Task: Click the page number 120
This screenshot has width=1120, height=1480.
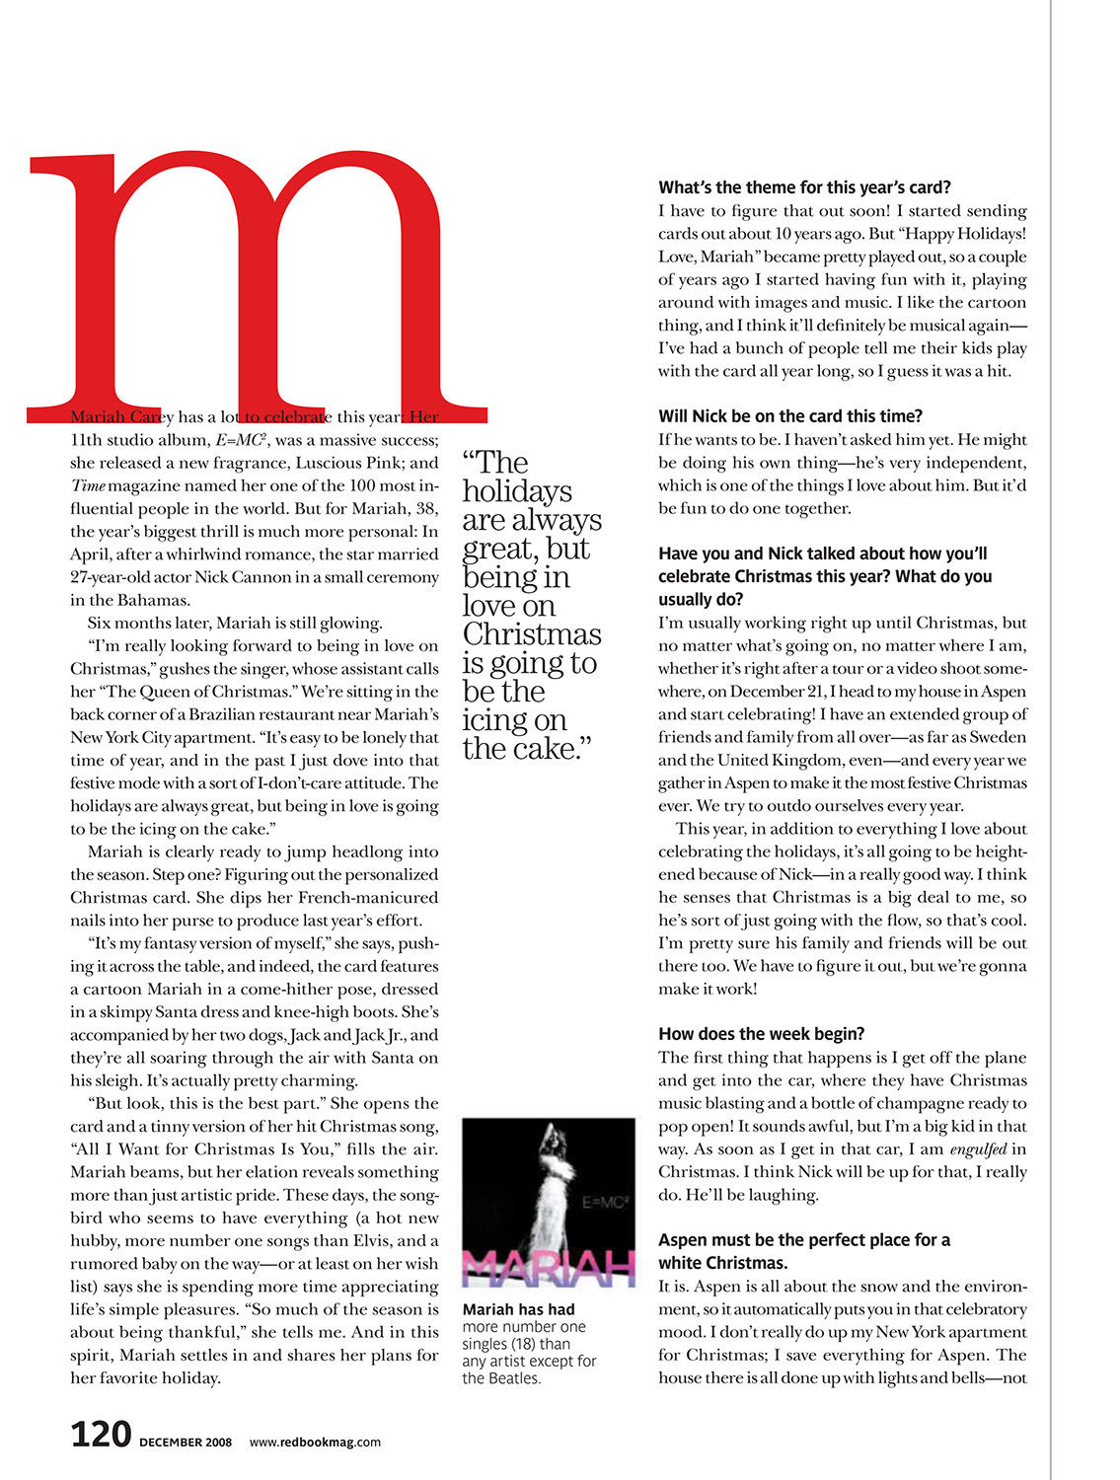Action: [x=101, y=1434]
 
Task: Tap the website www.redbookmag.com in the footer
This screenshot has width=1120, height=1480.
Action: [x=315, y=1442]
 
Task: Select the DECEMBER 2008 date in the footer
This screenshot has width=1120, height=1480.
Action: [x=186, y=1443]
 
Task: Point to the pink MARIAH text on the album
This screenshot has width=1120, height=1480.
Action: [x=548, y=1268]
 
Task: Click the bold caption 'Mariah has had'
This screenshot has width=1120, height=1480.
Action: [x=518, y=1309]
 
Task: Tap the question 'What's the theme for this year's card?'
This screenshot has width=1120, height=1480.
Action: [x=804, y=187]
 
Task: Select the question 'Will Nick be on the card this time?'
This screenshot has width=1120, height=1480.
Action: [x=790, y=416]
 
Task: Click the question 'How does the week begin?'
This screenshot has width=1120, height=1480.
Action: [x=761, y=1034]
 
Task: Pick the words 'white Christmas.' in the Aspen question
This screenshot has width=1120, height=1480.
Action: [x=722, y=1263]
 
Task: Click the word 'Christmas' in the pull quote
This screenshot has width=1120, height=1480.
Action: [x=531, y=634]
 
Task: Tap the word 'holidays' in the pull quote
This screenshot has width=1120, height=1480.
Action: [x=516, y=491]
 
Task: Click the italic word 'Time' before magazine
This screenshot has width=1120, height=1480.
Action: [x=88, y=485]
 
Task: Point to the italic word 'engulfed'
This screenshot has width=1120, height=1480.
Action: [x=978, y=1149]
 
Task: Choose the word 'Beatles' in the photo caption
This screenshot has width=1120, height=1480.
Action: [x=515, y=1378]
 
